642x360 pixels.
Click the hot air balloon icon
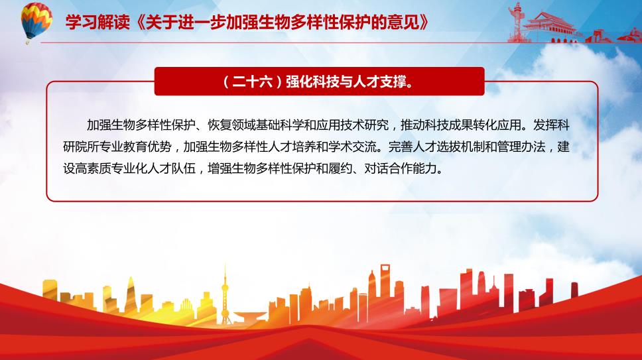36,21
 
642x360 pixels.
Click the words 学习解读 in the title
97,22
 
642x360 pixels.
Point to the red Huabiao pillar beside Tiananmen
517,23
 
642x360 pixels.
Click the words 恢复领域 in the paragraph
231,125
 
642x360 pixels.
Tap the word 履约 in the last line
340,168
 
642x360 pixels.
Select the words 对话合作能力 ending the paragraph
401,168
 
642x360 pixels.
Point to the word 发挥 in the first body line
545,125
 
